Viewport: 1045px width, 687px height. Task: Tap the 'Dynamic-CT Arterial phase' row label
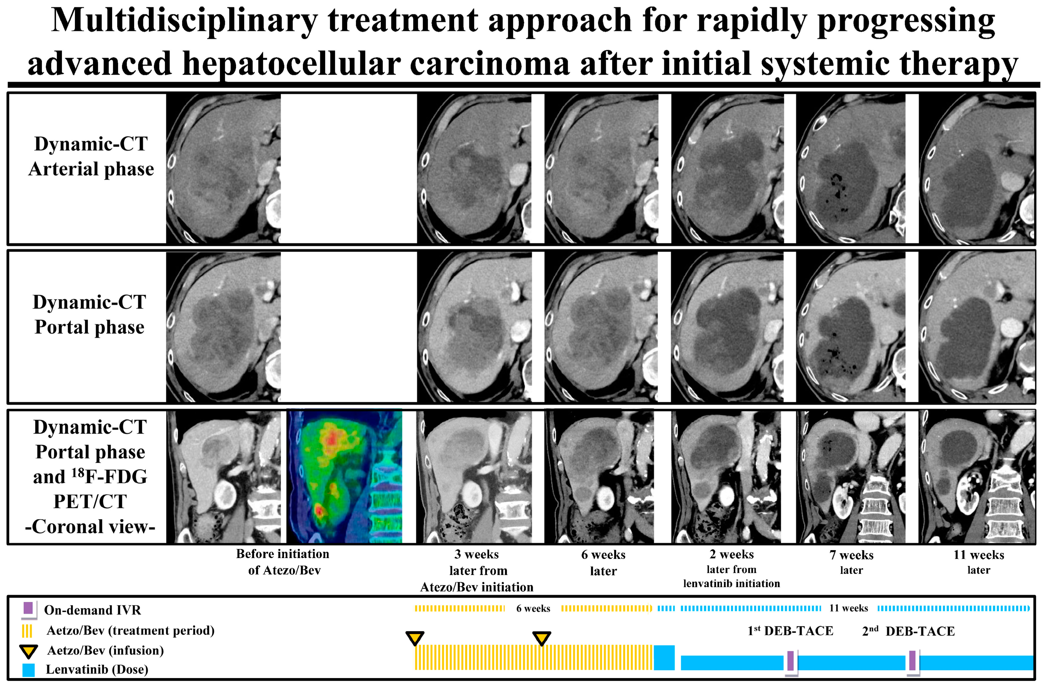coord(91,156)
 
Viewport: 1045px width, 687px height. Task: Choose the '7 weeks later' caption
coord(851,562)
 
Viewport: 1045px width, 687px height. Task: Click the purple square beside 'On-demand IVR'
coord(28,608)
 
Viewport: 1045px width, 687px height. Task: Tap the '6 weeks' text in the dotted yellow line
coord(533,608)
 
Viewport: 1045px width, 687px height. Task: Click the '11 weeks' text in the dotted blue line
coord(848,608)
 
